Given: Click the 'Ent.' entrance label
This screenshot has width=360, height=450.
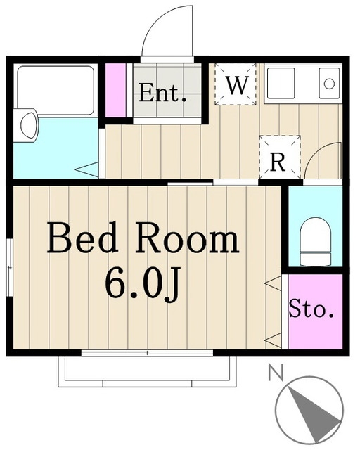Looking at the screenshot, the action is click(x=162, y=93).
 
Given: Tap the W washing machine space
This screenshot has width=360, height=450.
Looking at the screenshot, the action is click(x=236, y=84).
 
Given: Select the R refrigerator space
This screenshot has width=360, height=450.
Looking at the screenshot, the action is click(x=280, y=157).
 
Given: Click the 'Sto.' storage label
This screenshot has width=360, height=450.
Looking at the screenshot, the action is click(x=311, y=309).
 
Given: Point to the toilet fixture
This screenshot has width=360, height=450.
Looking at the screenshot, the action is click(x=315, y=241).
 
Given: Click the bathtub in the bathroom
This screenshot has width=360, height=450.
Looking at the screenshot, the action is click(x=56, y=90).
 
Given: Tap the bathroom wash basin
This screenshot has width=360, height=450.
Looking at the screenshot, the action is click(x=26, y=125).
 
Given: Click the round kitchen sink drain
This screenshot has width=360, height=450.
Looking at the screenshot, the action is click(x=329, y=84).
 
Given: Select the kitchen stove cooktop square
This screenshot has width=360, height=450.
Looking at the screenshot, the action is click(x=281, y=83).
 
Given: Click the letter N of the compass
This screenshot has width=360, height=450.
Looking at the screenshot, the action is click(x=276, y=372).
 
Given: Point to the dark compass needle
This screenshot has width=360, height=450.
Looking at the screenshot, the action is click(x=313, y=411).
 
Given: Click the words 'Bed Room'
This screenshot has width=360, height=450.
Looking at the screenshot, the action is click(x=143, y=238).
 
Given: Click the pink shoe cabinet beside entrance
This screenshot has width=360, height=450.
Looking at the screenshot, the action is click(x=116, y=90).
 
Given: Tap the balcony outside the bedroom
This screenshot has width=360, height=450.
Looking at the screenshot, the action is click(x=147, y=372).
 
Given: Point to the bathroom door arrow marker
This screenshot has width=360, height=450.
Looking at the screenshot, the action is click(x=86, y=170).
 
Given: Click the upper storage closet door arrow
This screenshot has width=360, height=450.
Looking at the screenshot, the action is click(x=273, y=283).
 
